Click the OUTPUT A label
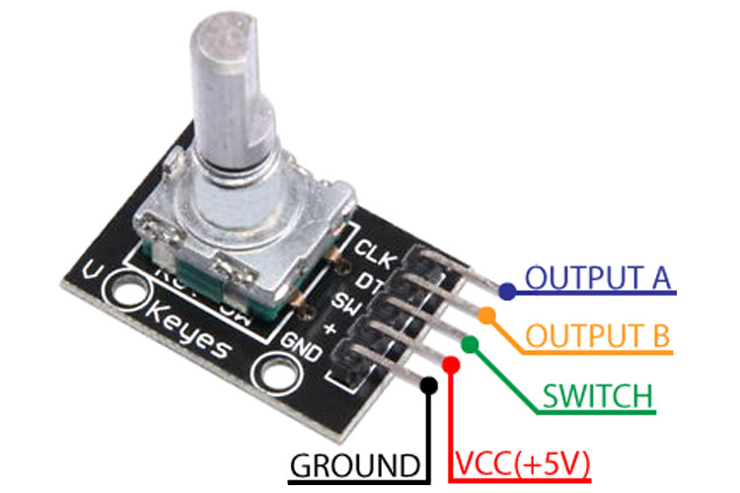[x=597, y=278]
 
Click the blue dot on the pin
[x=506, y=291]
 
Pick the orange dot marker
[x=487, y=315]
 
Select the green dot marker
[x=470, y=343]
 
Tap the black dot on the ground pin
[x=428, y=385]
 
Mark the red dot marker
[x=451, y=365]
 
